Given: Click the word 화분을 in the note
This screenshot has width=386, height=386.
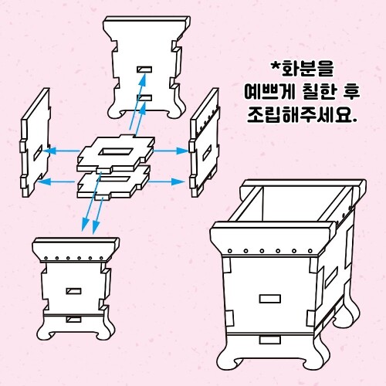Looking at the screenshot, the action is pyautogui.click(x=308, y=69).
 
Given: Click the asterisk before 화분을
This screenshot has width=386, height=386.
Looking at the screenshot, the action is pyautogui.click(x=276, y=66).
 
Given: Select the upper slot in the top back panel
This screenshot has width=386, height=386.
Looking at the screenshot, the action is pyautogui.click(x=144, y=69).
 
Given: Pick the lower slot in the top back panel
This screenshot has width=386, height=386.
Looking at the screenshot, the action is pyautogui.click(x=144, y=98).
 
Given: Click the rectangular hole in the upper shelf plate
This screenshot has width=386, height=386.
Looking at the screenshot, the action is pyautogui.click(x=116, y=151).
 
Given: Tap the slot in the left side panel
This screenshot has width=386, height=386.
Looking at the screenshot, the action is pyautogui.click(x=38, y=151).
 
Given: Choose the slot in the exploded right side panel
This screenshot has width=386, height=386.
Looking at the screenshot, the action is pyautogui.click(x=207, y=152).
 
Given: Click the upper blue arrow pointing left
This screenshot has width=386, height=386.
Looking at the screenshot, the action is pyautogui.click(x=61, y=151).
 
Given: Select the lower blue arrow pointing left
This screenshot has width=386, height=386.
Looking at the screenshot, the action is pyautogui.click(x=56, y=181).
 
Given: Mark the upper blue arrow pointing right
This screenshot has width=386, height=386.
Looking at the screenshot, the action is pyautogui.click(x=171, y=151).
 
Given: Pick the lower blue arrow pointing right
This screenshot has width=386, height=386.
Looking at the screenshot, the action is pyautogui.click(x=167, y=181).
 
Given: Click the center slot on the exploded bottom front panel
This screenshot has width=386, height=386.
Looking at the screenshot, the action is pyautogui.click(x=73, y=291).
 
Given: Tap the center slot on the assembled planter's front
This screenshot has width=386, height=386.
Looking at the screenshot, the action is pyautogui.click(x=269, y=299).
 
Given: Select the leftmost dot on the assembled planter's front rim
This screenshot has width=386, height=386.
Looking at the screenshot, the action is pyautogui.click(x=230, y=251).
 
